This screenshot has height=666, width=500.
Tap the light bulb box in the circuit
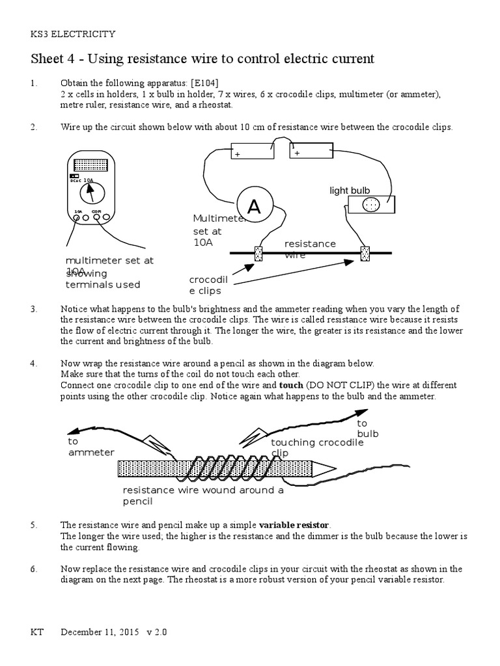(x=370, y=204)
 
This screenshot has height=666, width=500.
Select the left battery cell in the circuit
(x=251, y=151)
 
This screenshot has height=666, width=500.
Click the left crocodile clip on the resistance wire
(x=258, y=253)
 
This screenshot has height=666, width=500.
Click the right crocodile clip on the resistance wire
(x=365, y=253)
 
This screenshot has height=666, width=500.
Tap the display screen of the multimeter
(x=92, y=165)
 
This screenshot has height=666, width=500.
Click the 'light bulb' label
(x=350, y=190)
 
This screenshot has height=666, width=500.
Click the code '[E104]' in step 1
(x=204, y=84)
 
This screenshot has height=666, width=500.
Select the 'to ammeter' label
(x=91, y=447)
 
